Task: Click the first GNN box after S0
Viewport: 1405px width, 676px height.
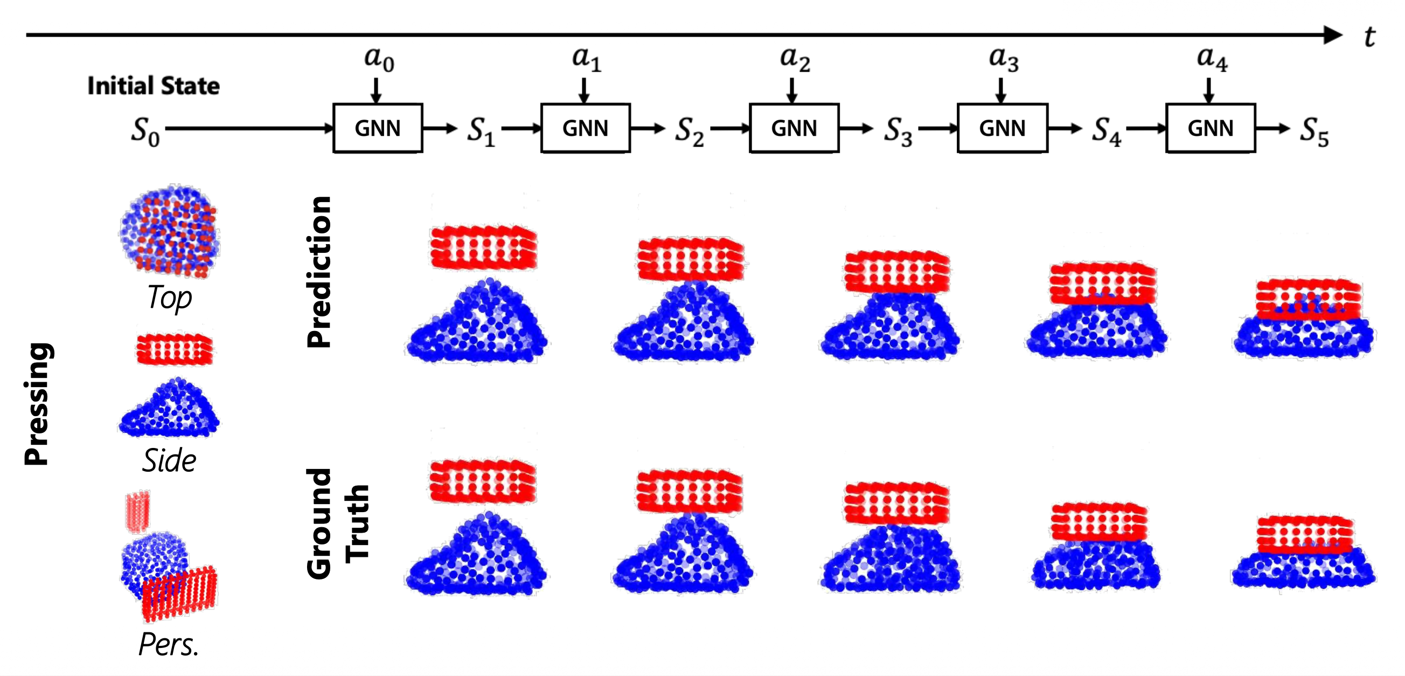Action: (378, 128)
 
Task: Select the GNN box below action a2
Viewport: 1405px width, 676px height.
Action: (794, 128)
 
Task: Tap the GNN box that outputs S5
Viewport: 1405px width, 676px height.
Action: (1211, 128)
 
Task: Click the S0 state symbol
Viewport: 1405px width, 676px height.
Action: (145, 132)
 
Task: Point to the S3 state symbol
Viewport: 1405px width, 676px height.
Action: (898, 132)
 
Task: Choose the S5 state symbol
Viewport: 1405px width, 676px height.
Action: (1314, 132)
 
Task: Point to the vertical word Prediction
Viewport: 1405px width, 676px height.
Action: (319, 272)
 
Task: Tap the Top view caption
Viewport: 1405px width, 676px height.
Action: (170, 298)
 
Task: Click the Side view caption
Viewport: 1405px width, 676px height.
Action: (169, 460)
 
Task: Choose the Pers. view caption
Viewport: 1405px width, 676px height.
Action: (169, 644)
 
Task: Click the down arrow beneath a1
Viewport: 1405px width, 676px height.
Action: (584, 90)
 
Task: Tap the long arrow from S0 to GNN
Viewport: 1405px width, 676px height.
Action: (249, 128)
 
